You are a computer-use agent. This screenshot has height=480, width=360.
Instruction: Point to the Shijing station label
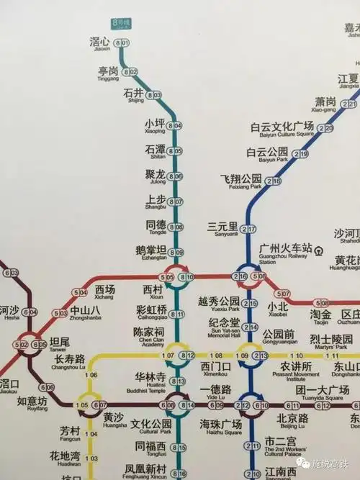pos(134,94)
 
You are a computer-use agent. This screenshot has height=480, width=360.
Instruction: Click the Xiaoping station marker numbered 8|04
pos(175,126)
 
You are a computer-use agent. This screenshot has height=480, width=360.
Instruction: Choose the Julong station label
pos(155,176)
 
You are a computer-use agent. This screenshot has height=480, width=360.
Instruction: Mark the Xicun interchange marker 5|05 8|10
pos(177,277)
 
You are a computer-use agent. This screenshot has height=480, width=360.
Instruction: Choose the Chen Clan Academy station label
pos(148,335)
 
